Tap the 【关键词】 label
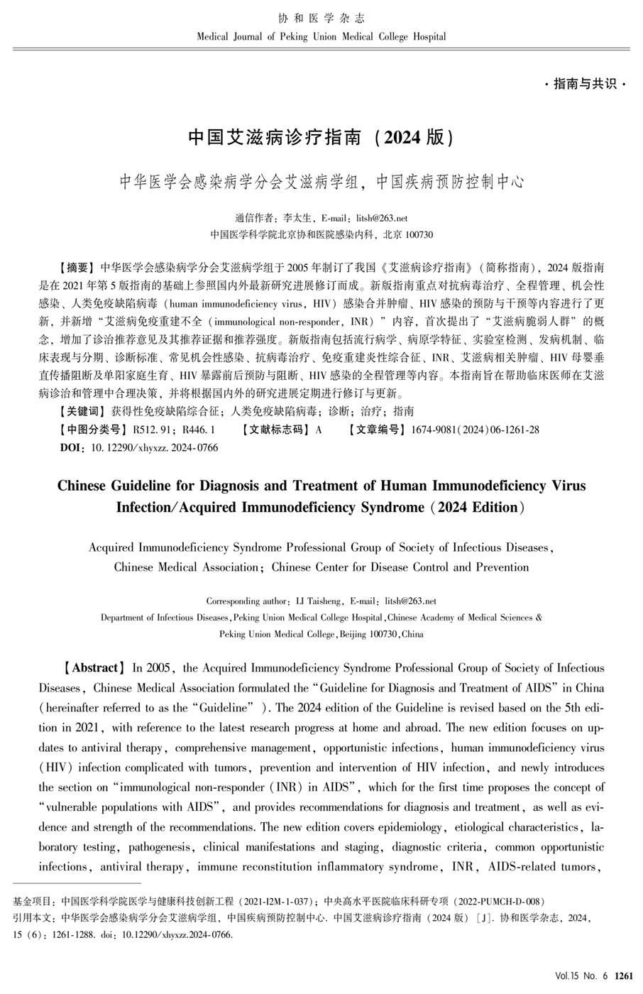(x=81, y=411)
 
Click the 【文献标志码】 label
(x=274, y=430)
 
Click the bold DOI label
(x=73, y=448)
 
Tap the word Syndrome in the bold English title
(x=390, y=508)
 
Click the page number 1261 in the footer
(x=623, y=976)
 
